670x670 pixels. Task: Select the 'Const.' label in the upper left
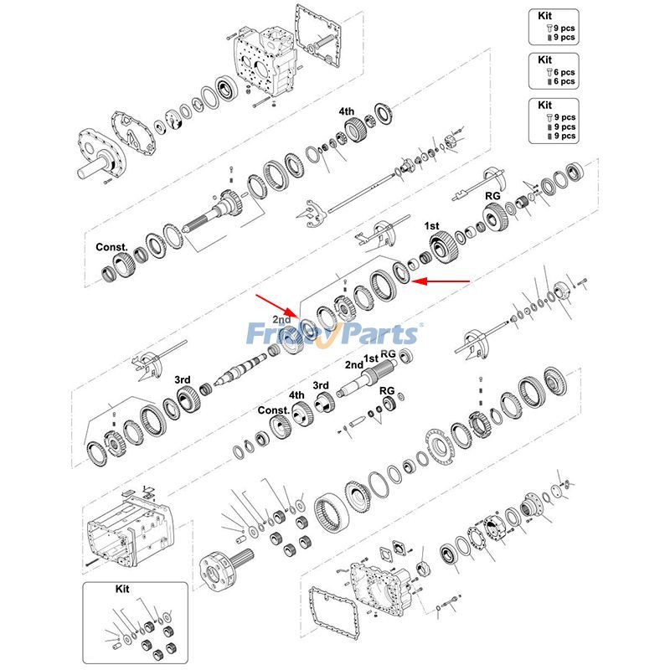click(111, 247)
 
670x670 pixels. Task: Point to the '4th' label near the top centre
click(346, 111)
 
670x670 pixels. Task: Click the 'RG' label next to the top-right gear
click(493, 195)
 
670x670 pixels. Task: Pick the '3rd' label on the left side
click(183, 379)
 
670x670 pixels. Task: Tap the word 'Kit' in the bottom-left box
click(122, 590)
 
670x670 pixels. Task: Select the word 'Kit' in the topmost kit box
click(545, 16)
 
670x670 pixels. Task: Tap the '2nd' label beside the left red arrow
click(281, 320)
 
